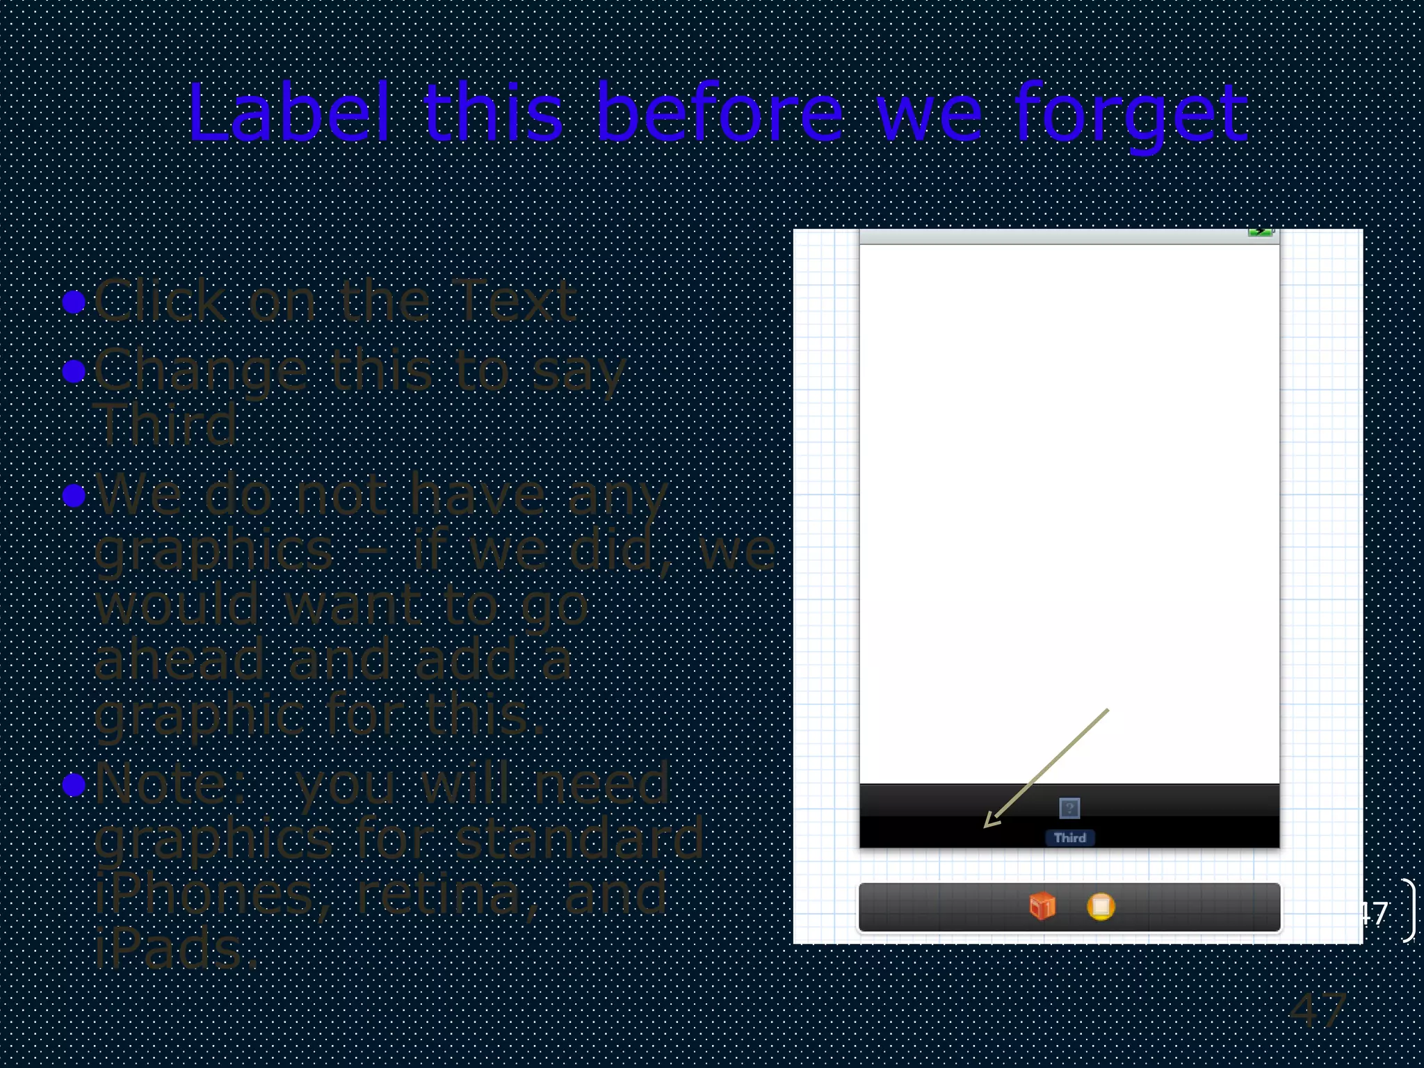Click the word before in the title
click(x=720, y=113)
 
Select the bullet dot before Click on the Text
click(x=74, y=302)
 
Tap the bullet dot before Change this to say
click(x=74, y=371)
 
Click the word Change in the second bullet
click(x=201, y=372)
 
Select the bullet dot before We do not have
click(x=74, y=495)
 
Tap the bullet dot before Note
click(x=74, y=785)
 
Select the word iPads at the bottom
click(x=174, y=948)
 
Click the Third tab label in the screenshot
click(x=1069, y=838)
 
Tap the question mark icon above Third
click(x=1069, y=808)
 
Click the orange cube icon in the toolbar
click(x=1042, y=906)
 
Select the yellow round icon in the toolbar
click(x=1101, y=906)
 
